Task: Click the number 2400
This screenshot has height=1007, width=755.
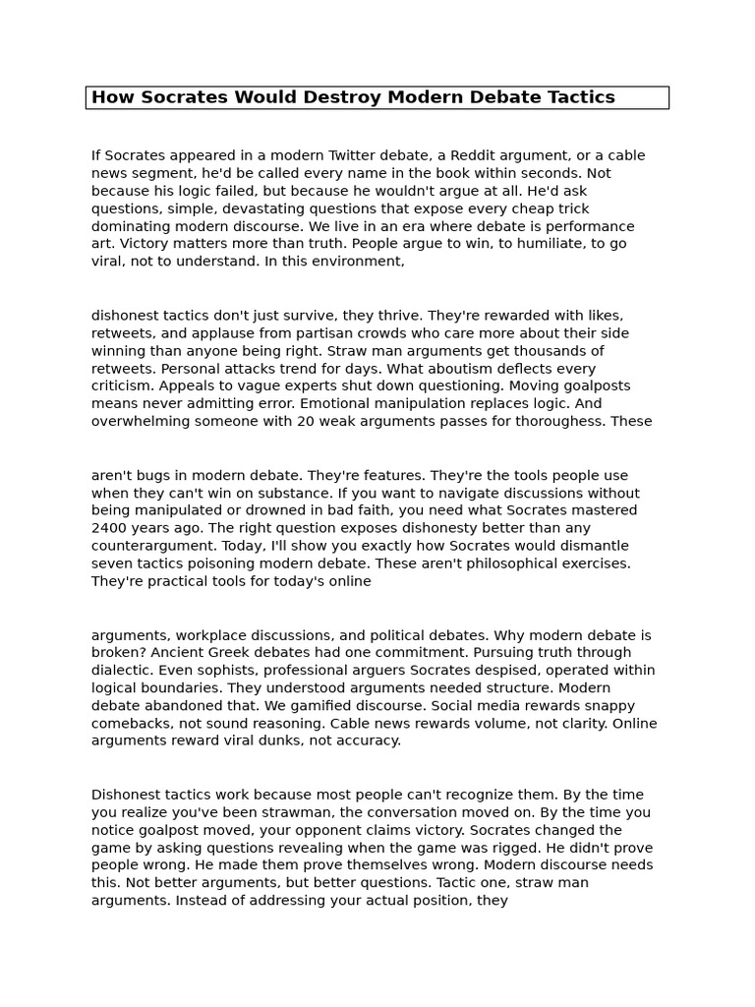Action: pyautogui.click(x=109, y=529)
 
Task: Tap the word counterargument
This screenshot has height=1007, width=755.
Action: pyautogui.click(x=149, y=547)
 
